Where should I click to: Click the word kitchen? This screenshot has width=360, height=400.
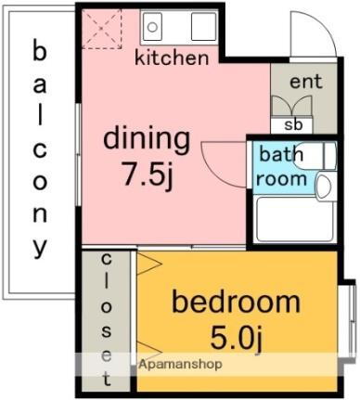point(172,58)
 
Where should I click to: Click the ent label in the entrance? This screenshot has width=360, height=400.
point(305,83)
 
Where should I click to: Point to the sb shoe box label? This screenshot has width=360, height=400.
point(292,124)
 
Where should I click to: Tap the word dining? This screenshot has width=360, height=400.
point(146,140)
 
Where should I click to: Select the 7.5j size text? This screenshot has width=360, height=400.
point(146,174)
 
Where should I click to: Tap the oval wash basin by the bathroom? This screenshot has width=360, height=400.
point(323,187)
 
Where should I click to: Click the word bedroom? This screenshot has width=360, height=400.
point(237,303)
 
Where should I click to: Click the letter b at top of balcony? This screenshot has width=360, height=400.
point(40,51)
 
